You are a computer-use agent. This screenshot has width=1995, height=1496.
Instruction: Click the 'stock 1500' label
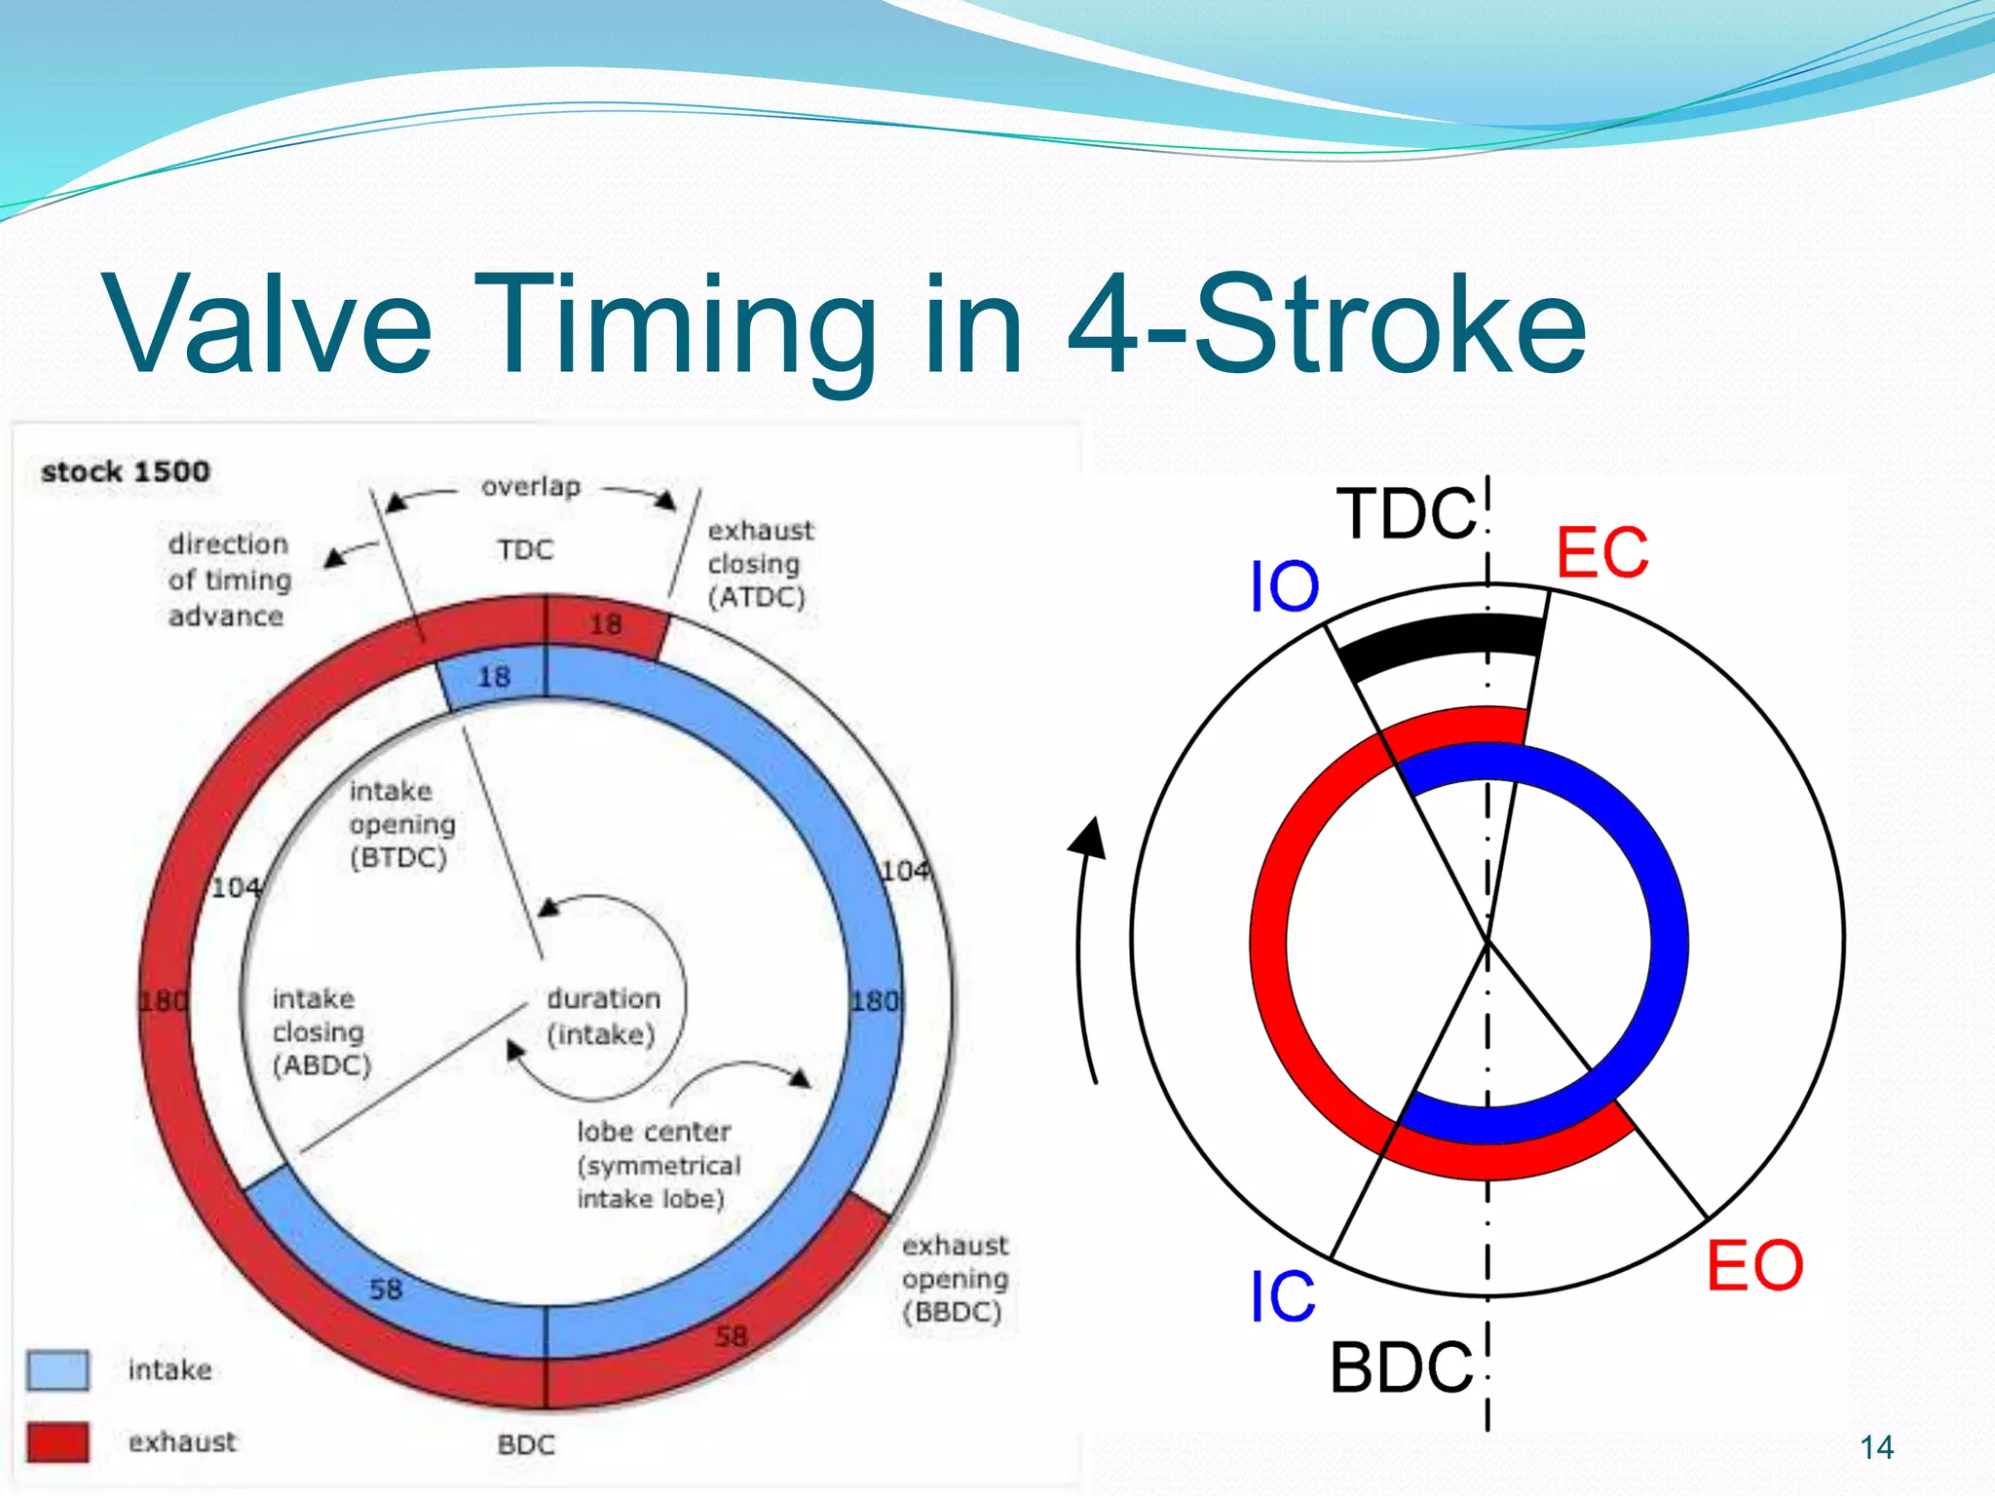(x=125, y=471)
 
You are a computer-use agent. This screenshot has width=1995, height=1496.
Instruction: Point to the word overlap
(x=531, y=486)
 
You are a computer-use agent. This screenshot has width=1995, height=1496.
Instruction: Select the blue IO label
(x=1284, y=587)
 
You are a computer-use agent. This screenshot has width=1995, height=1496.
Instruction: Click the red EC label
(x=1602, y=553)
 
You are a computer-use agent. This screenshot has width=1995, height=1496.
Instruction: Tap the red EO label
(x=1754, y=1265)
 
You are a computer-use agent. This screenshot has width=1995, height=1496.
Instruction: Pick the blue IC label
(x=1283, y=1297)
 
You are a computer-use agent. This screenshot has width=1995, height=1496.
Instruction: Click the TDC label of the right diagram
(x=1407, y=514)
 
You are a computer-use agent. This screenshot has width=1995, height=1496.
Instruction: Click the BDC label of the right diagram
(x=1402, y=1368)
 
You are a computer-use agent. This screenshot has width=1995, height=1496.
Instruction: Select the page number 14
(x=1876, y=1447)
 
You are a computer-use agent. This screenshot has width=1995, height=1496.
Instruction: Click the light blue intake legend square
(x=57, y=1370)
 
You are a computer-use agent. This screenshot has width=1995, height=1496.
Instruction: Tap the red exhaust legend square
(x=57, y=1441)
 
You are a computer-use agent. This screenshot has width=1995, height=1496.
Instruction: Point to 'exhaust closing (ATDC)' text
(x=760, y=564)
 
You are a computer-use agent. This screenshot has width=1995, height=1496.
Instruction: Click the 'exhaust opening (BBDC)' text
(x=955, y=1278)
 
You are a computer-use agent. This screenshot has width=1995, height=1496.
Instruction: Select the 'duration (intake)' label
(x=603, y=1016)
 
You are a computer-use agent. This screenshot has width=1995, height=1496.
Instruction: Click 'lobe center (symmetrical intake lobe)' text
(x=658, y=1165)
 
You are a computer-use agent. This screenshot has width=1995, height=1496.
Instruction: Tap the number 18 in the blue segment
(x=494, y=676)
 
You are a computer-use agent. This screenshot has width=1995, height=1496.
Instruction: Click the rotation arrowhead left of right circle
(x=1091, y=838)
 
